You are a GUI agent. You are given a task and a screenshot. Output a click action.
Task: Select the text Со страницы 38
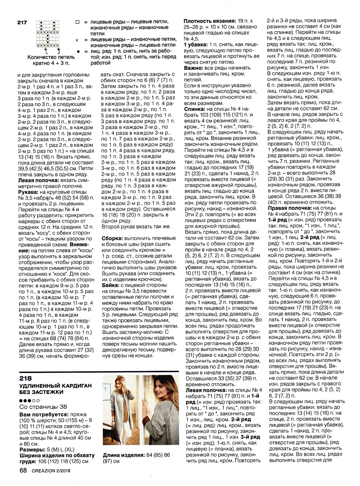point(43,407)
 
